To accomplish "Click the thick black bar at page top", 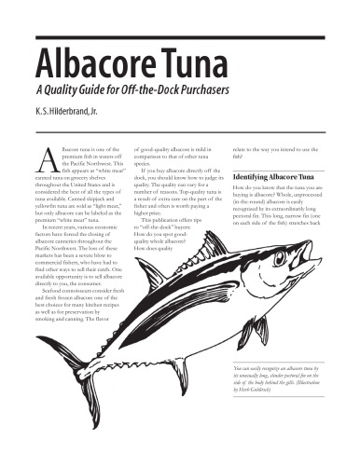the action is [179, 37].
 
